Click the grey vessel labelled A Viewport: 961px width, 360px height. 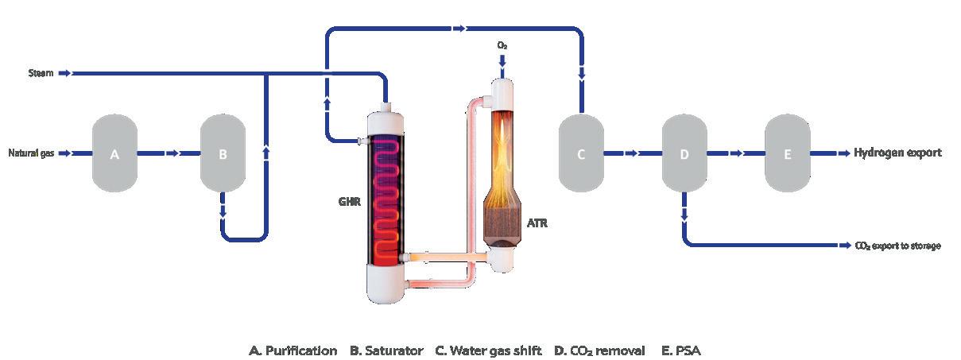tap(114, 153)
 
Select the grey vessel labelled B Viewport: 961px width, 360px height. tap(223, 153)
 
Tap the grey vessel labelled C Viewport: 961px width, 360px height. tap(581, 153)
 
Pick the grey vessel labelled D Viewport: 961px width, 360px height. tap(684, 153)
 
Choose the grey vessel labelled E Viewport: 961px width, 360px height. tap(788, 153)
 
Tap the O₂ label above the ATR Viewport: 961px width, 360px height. tap(502, 46)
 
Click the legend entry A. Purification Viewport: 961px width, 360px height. tap(293, 350)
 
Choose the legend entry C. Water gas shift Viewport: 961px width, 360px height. tap(488, 350)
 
